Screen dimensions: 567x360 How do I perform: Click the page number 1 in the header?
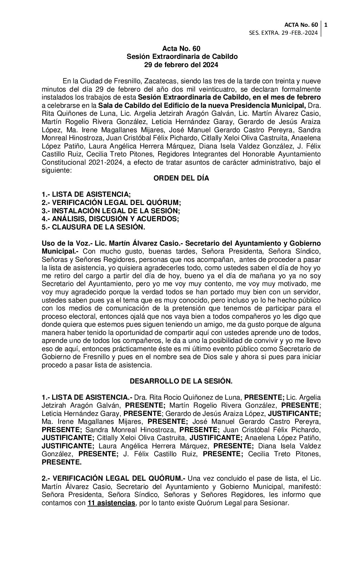pyautogui.click(x=326, y=25)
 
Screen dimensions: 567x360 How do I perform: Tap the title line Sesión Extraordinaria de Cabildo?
pyautogui.click(x=182, y=57)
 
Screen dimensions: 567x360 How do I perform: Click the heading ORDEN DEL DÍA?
pyautogui.click(x=181, y=178)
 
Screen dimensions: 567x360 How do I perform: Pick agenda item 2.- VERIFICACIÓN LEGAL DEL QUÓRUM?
pyautogui.click(x=111, y=202)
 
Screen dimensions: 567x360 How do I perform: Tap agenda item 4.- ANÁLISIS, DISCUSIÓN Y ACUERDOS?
pyautogui.click(x=110, y=219)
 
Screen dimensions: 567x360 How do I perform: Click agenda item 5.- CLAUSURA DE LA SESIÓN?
pyautogui.click(x=93, y=227)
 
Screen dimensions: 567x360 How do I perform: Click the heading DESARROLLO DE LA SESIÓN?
pyautogui.click(x=181, y=381)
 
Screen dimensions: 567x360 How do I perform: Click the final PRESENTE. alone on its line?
pyautogui.click(x=62, y=463)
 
